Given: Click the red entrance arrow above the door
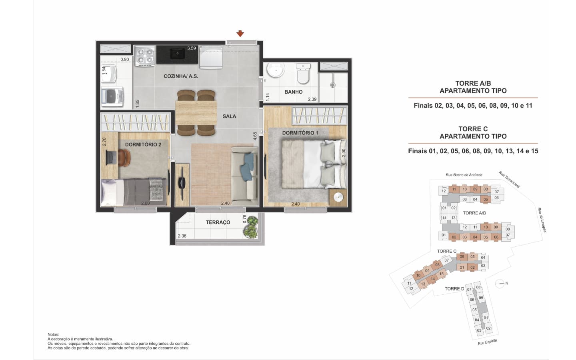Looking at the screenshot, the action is click(240, 34).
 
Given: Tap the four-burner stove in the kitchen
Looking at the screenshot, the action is click(145, 56).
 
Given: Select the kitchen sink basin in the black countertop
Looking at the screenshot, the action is click(177, 54).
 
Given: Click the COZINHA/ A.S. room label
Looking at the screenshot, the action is click(181, 76).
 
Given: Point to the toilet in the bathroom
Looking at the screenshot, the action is click(303, 74).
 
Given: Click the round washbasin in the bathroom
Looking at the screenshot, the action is click(276, 70).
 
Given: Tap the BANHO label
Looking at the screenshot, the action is click(294, 92).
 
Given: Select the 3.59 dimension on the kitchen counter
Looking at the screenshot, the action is click(191, 48).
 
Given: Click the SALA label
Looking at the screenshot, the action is click(229, 116).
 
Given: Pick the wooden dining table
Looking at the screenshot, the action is click(196, 113).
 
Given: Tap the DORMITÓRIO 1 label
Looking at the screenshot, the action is click(300, 133).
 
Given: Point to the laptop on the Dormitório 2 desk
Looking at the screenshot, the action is click(111, 158).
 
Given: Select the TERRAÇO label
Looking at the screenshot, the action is click(218, 222).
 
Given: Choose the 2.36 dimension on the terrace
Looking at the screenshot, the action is click(182, 236).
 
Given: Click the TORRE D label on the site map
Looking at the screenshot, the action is click(454, 289).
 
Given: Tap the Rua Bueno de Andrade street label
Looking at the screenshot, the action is click(464, 175).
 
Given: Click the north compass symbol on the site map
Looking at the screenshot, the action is click(500, 284).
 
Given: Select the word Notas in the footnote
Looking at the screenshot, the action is click(53, 334).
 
